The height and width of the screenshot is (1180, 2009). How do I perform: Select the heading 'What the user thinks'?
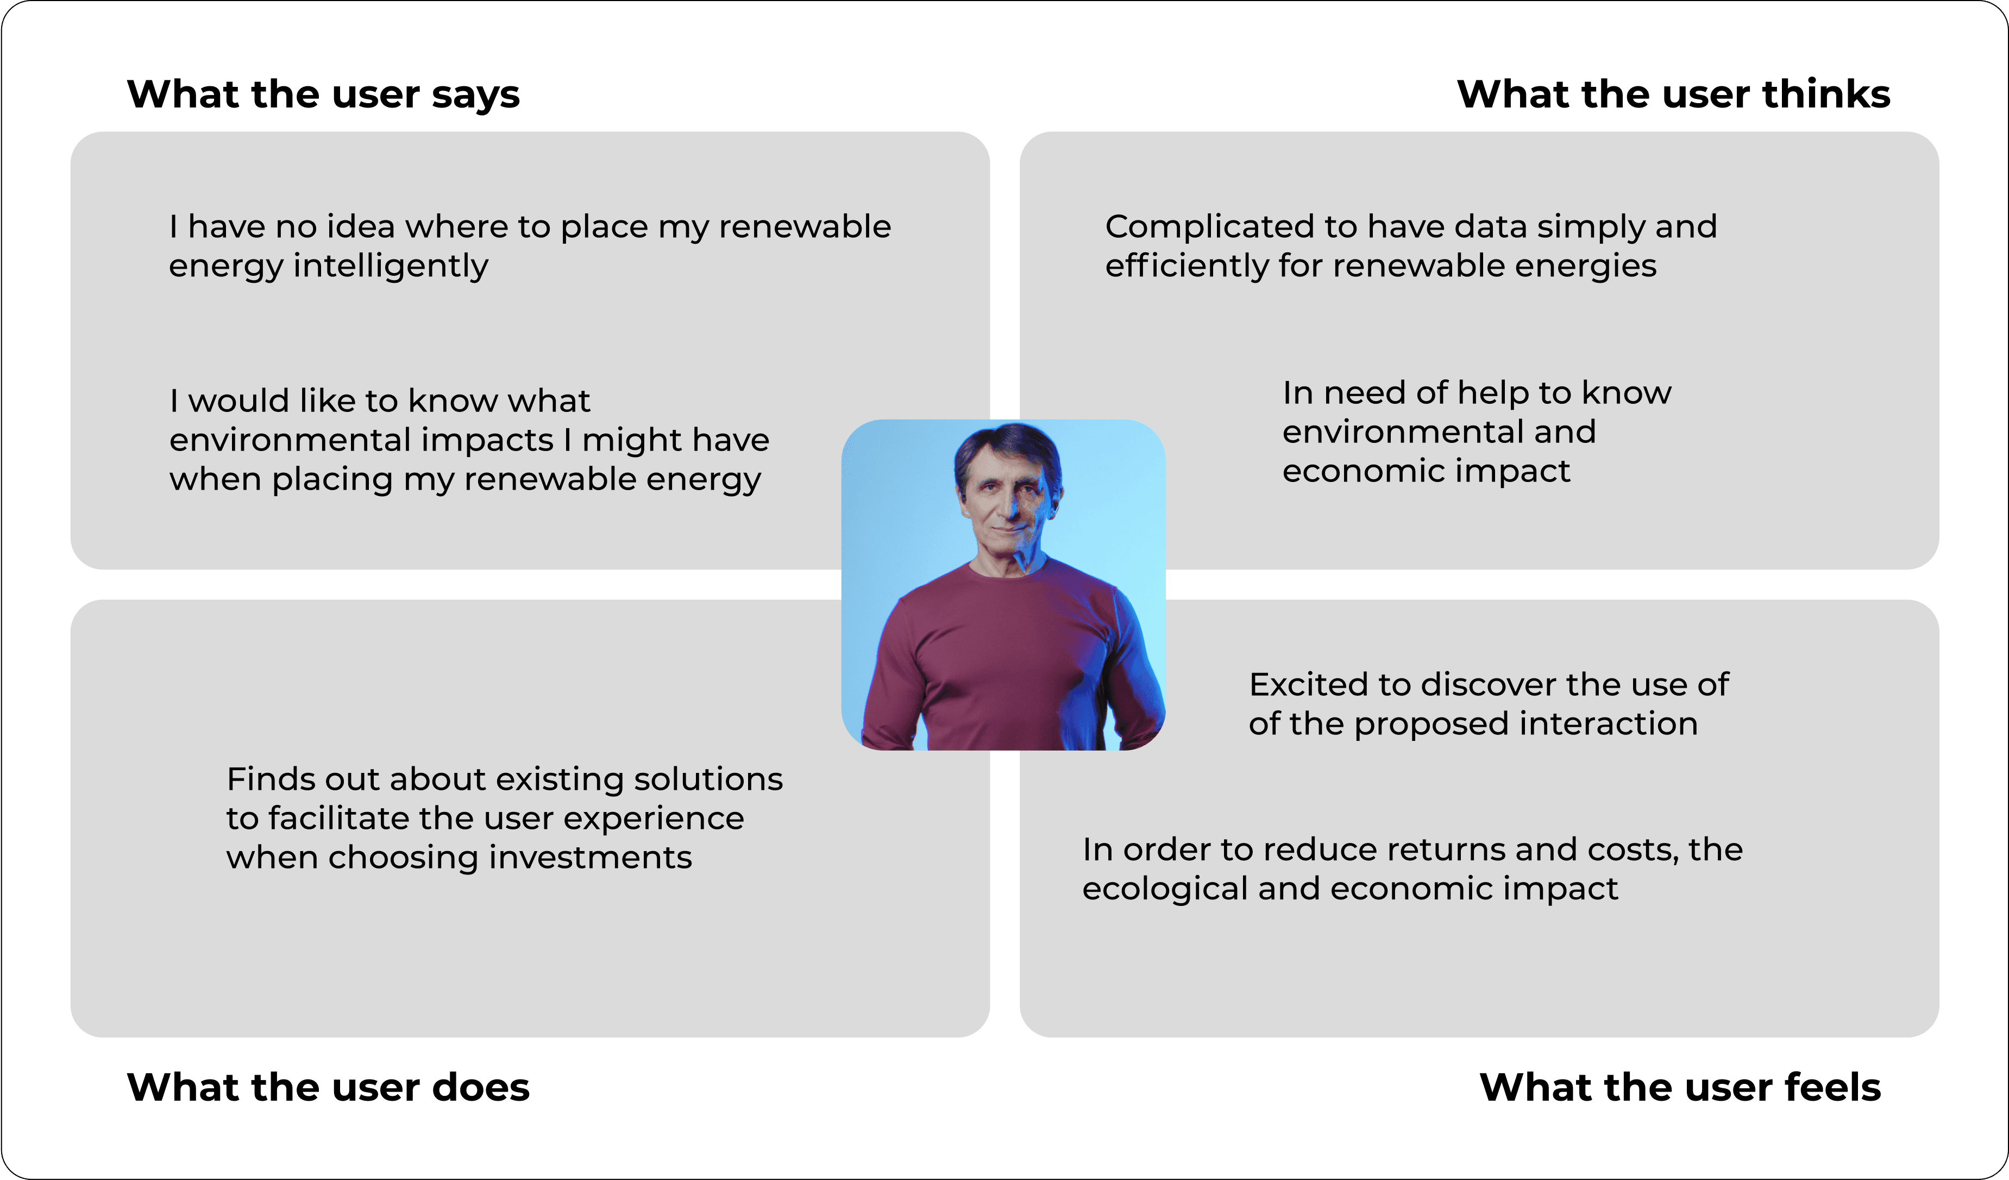pyautogui.click(x=1673, y=94)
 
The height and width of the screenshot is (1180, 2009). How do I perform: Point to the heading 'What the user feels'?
pyautogui.click(x=1680, y=1087)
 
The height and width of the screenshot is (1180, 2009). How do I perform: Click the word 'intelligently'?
pyautogui.click(x=391, y=266)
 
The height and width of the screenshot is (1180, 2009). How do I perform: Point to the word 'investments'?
pyautogui.click(x=590, y=857)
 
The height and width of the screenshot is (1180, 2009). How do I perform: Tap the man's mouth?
pyautogui.click(x=1008, y=528)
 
